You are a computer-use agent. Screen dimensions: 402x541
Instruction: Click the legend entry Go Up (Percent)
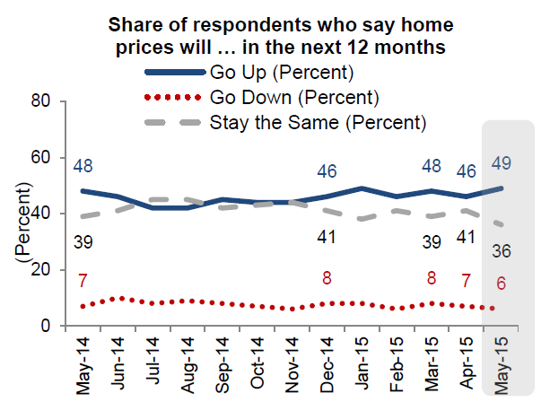(x=280, y=72)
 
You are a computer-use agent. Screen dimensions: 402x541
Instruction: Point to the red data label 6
(x=500, y=284)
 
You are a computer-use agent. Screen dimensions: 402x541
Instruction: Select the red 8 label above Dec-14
(x=328, y=277)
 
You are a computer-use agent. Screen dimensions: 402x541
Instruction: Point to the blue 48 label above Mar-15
(x=432, y=166)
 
